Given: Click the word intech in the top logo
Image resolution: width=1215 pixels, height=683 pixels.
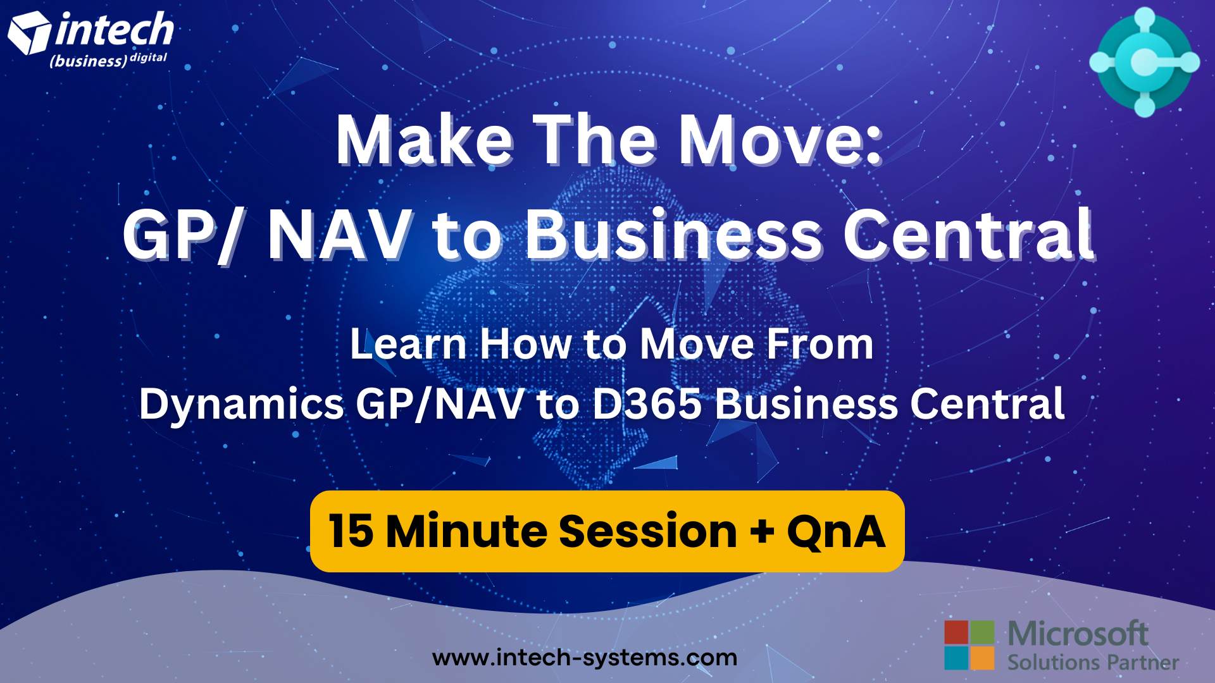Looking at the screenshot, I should [115, 30].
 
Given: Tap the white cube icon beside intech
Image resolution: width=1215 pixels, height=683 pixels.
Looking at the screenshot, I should [29, 33].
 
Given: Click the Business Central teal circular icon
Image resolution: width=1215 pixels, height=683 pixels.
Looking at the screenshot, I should [1144, 62].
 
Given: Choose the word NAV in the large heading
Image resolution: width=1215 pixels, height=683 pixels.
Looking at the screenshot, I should [339, 235].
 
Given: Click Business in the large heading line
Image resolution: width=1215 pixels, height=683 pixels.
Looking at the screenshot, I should [674, 235].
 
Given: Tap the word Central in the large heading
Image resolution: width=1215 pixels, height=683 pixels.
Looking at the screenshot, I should [968, 235].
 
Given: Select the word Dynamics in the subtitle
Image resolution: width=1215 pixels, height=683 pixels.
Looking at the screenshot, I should [241, 405].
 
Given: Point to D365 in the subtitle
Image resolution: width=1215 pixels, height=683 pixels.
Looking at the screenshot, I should [647, 405].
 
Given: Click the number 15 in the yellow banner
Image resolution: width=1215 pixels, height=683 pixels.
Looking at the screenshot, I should [351, 531].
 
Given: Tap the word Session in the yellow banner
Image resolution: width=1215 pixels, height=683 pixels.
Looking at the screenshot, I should [648, 531].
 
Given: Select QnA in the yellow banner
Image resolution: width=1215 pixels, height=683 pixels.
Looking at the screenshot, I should [836, 531].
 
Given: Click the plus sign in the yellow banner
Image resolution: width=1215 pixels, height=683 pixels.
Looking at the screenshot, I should [762, 531].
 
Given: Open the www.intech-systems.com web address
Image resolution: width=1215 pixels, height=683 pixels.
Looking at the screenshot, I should [585, 658].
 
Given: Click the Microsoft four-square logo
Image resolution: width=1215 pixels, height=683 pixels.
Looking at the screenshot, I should [969, 645].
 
